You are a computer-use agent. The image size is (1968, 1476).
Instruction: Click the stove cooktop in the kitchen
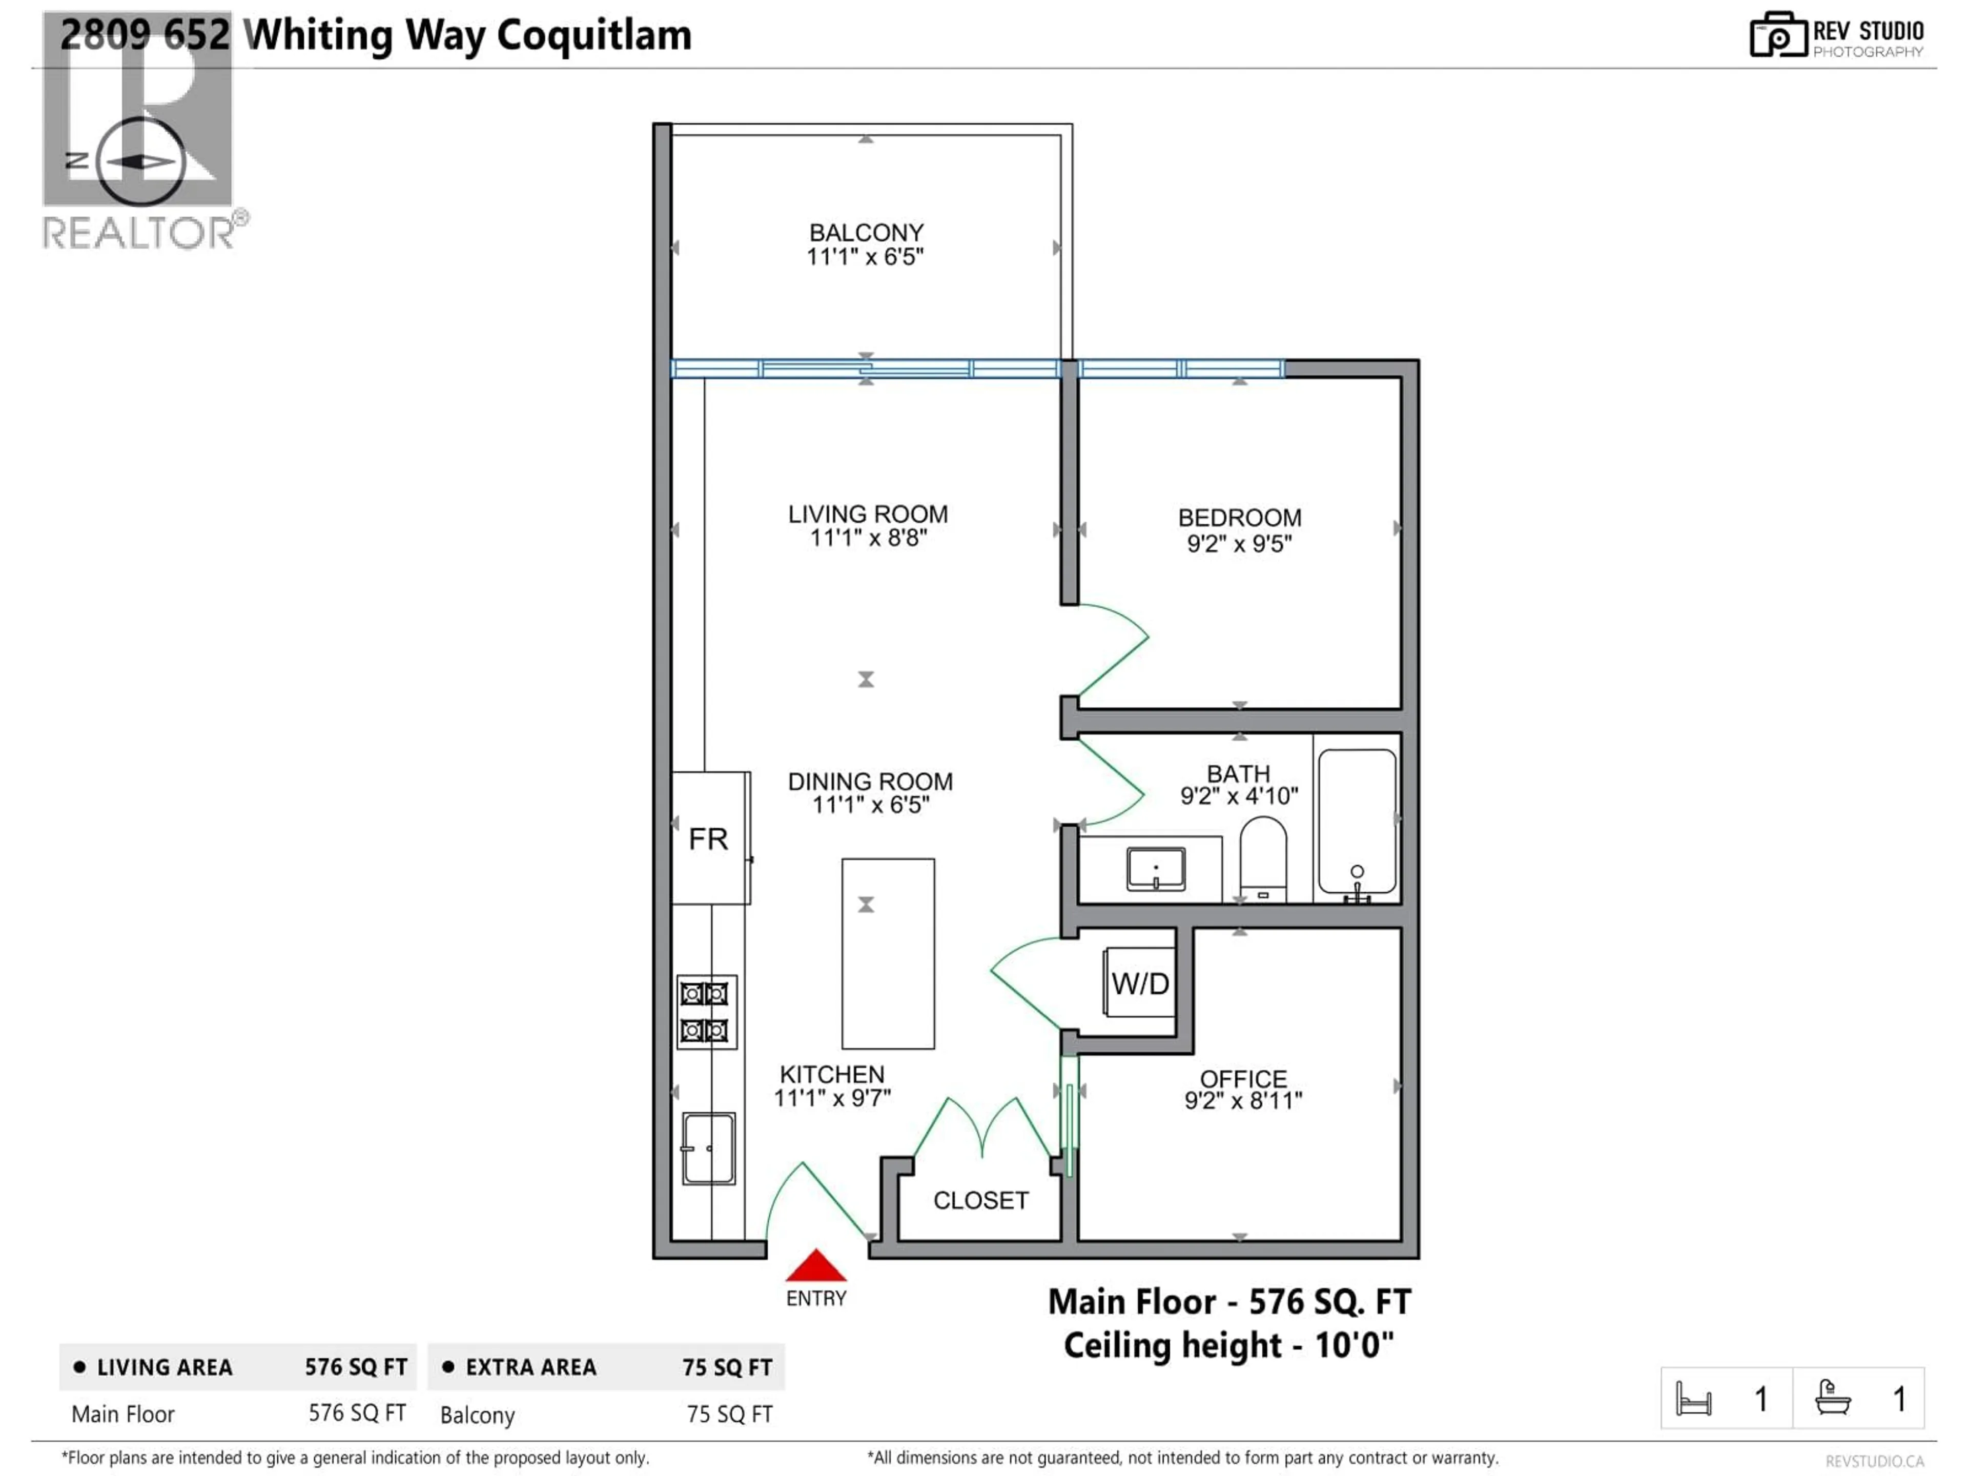706,1012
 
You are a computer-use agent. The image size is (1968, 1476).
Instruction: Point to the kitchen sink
708,1147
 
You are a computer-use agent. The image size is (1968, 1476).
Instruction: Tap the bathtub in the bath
1357,821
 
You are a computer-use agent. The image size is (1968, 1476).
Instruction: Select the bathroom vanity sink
1155,868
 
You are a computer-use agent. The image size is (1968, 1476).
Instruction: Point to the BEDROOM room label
1239,518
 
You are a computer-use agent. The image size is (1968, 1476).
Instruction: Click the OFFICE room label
1243,1078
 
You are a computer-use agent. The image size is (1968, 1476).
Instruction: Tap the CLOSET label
980,1200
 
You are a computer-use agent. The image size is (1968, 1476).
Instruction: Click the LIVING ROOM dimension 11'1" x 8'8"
868,538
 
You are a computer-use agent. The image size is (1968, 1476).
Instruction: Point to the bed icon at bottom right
1693,1399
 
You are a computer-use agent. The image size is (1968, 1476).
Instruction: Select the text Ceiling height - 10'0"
1228,1345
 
